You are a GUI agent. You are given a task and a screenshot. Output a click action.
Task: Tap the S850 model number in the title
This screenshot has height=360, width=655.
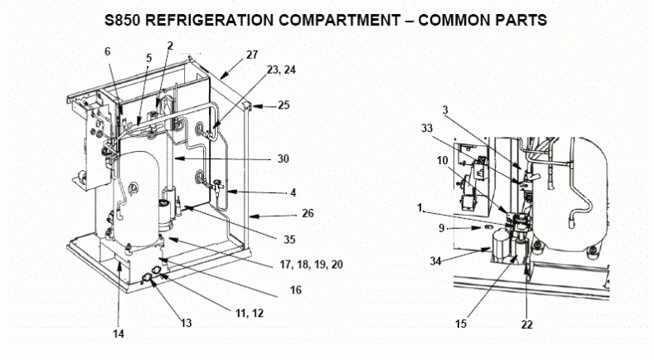[x=123, y=20]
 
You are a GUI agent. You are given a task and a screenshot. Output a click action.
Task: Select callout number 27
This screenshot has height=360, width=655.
[x=252, y=55]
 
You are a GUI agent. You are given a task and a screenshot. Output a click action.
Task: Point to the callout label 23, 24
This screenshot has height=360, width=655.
[x=281, y=70]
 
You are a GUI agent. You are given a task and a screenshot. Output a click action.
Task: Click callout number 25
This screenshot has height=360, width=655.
[x=284, y=105]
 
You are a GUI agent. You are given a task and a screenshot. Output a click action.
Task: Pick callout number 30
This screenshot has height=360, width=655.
[x=284, y=159]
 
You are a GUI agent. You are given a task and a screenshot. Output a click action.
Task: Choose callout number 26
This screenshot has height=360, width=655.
[x=308, y=213]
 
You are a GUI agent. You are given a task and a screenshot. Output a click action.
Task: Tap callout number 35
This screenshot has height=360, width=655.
[x=289, y=240]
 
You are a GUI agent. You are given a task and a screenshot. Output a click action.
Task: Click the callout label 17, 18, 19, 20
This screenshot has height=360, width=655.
[x=311, y=265]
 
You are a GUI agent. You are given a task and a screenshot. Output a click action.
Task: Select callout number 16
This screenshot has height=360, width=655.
[x=296, y=289]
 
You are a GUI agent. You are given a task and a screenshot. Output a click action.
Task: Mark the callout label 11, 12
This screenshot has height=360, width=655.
[x=250, y=313]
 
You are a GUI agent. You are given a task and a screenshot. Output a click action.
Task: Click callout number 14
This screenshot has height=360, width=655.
[x=119, y=333]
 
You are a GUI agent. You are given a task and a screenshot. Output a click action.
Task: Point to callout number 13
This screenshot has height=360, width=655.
[x=186, y=323]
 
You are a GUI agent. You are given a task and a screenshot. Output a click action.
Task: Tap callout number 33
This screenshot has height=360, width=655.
[x=427, y=128]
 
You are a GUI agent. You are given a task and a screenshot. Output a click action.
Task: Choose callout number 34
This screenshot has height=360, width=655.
[x=435, y=261]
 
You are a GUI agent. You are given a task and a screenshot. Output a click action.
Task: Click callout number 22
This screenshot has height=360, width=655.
[x=527, y=324]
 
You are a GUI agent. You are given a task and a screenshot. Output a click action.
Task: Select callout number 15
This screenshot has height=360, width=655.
[x=461, y=324]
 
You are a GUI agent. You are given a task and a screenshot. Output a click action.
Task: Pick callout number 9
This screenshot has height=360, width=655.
[x=442, y=228]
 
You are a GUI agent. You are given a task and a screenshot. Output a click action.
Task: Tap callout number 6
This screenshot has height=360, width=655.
[x=107, y=51]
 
